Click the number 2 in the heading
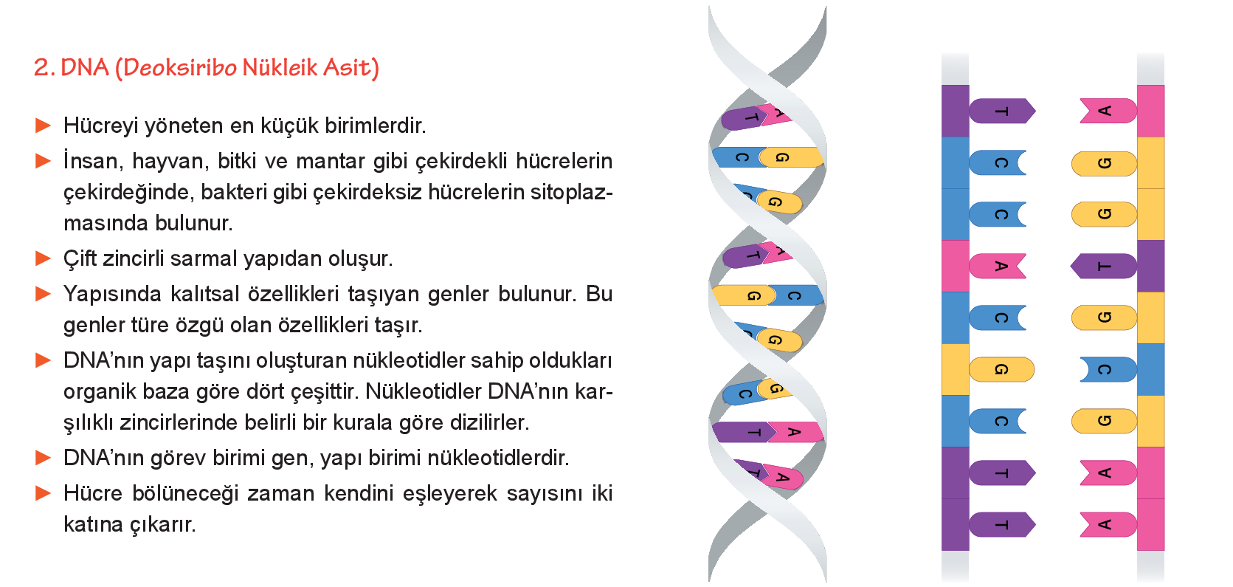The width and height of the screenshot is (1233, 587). (x=41, y=68)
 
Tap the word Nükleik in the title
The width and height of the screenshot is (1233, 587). (x=280, y=67)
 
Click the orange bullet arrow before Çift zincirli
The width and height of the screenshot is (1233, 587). (x=43, y=258)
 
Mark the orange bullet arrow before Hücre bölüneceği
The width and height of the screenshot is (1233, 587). (x=43, y=492)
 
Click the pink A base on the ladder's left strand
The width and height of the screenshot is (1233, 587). (x=998, y=267)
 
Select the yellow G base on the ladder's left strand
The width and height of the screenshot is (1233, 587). (x=1001, y=369)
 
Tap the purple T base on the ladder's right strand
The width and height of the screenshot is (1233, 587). (x=1104, y=267)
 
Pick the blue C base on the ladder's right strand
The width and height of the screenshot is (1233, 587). (x=1108, y=369)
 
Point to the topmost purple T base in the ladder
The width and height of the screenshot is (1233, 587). (x=1002, y=111)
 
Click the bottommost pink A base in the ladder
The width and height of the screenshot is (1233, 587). (x=1108, y=524)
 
